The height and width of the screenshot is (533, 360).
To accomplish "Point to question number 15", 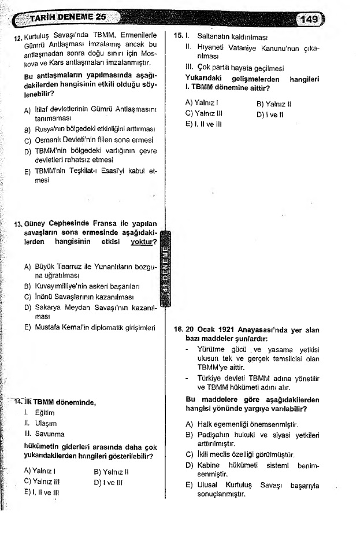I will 179,36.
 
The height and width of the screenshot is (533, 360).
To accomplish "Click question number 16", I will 179,330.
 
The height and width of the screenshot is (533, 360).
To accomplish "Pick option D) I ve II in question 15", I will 268,114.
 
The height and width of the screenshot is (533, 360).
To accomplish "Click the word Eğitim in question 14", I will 44,413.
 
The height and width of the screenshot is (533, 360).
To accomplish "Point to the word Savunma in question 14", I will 49,434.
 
